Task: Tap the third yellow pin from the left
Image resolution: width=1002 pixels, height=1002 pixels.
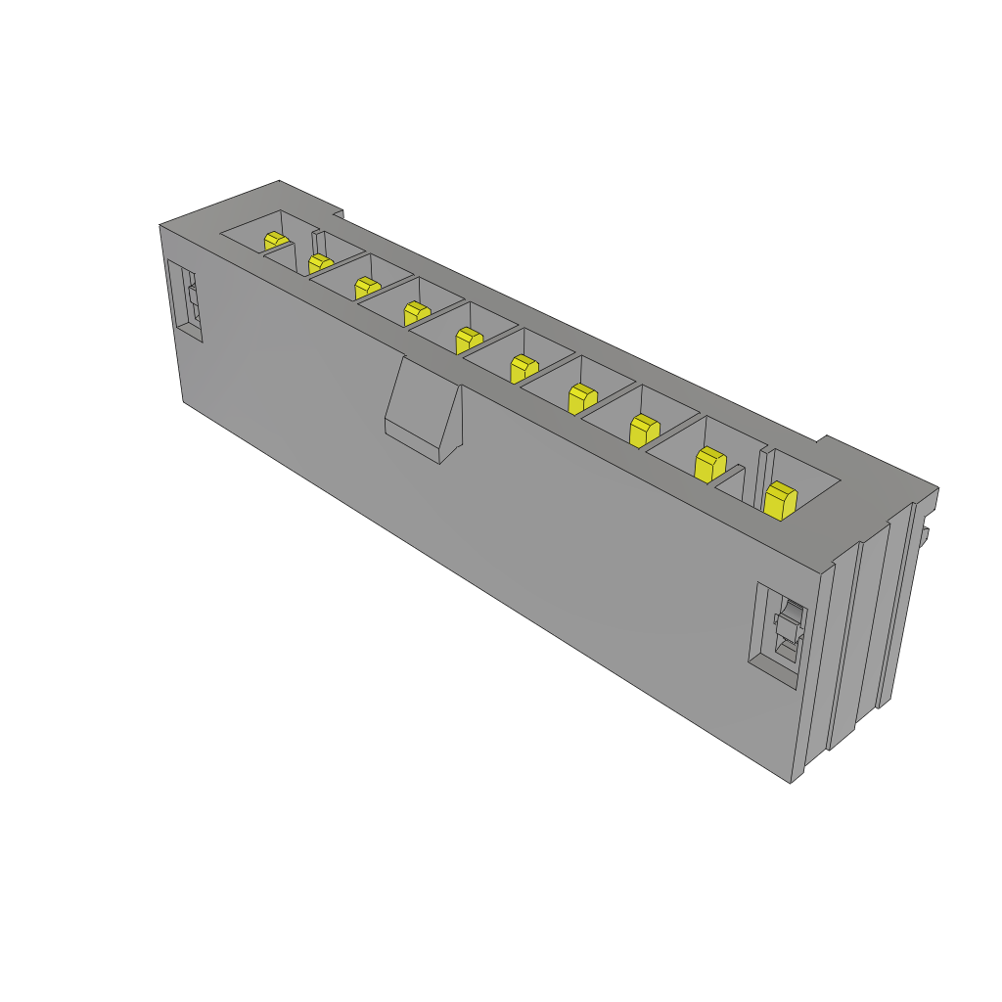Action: pyautogui.click(x=367, y=287)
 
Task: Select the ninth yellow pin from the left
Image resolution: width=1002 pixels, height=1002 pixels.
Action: pyautogui.click(x=709, y=463)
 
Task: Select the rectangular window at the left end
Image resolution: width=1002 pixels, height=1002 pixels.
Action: pyautogui.click(x=184, y=300)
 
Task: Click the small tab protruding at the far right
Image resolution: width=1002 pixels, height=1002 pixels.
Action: pyautogui.click(x=924, y=534)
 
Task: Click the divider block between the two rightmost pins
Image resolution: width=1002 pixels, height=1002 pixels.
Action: pyautogui.click(x=733, y=481)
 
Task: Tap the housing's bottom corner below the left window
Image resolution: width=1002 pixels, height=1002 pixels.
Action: pyautogui.click(x=184, y=400)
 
